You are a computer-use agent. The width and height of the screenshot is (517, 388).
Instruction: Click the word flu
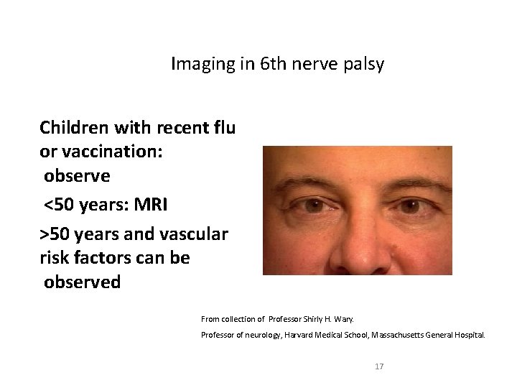tap(224, 129)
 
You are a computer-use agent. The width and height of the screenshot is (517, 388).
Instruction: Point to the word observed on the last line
tap(82, 282)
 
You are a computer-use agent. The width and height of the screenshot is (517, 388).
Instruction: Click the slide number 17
tap(380, 366)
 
